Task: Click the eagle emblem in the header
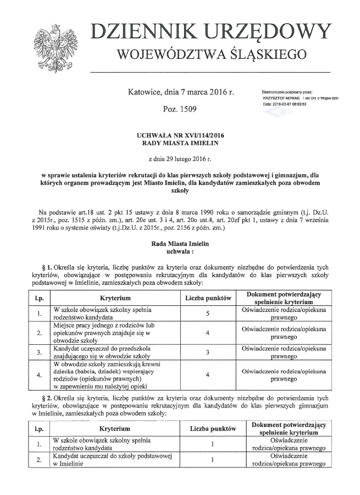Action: [54, 47]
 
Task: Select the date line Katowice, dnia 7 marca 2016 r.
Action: [180, 93]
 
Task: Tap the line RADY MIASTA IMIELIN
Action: [180, 143]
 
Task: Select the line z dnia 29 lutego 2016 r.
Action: [180, 159]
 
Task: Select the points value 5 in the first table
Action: [207, 313]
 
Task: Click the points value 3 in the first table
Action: [207, 353]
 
